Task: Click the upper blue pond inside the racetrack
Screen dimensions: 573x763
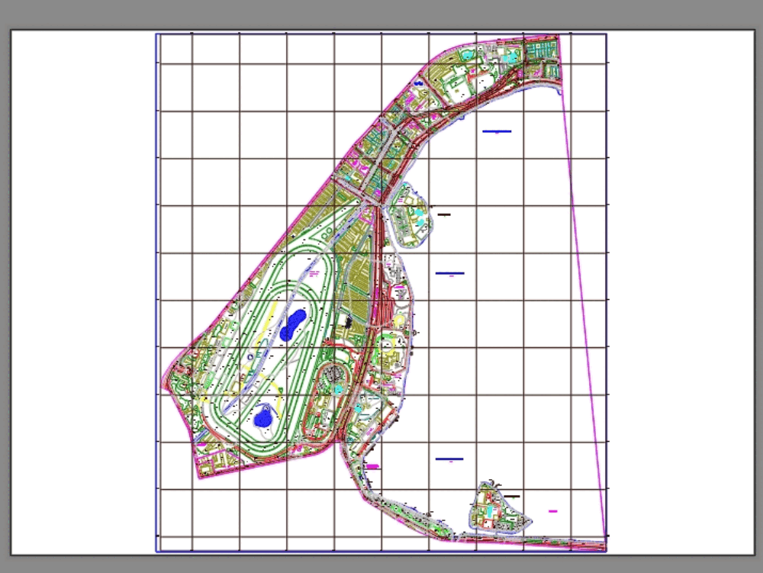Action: click(x=292, y=325)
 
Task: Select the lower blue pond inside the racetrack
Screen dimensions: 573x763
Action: click(x=264, y=417)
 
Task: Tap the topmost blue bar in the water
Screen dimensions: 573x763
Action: click(x=497, y=131)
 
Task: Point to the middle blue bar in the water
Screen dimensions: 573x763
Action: click(x=449, y=272)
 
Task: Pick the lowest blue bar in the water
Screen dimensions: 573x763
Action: click(x=449, y=459)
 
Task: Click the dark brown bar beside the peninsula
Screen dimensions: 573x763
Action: click(x=443, y=214)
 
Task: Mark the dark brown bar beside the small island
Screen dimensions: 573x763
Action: click(x=511, y=496)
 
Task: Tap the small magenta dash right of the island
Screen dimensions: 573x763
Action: click(x=553, y=511)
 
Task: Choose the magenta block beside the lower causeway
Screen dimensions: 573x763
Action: click(x=372, y=465)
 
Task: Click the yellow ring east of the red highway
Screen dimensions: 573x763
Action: click(x=400, y=320)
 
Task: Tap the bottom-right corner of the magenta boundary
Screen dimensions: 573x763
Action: click(x=606, y=539)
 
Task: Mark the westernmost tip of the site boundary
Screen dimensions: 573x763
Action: click(x=163, y=384)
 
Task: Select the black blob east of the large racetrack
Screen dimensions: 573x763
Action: click(x=349, y=323)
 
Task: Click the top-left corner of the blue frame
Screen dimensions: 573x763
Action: click(x=156, y=34)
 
